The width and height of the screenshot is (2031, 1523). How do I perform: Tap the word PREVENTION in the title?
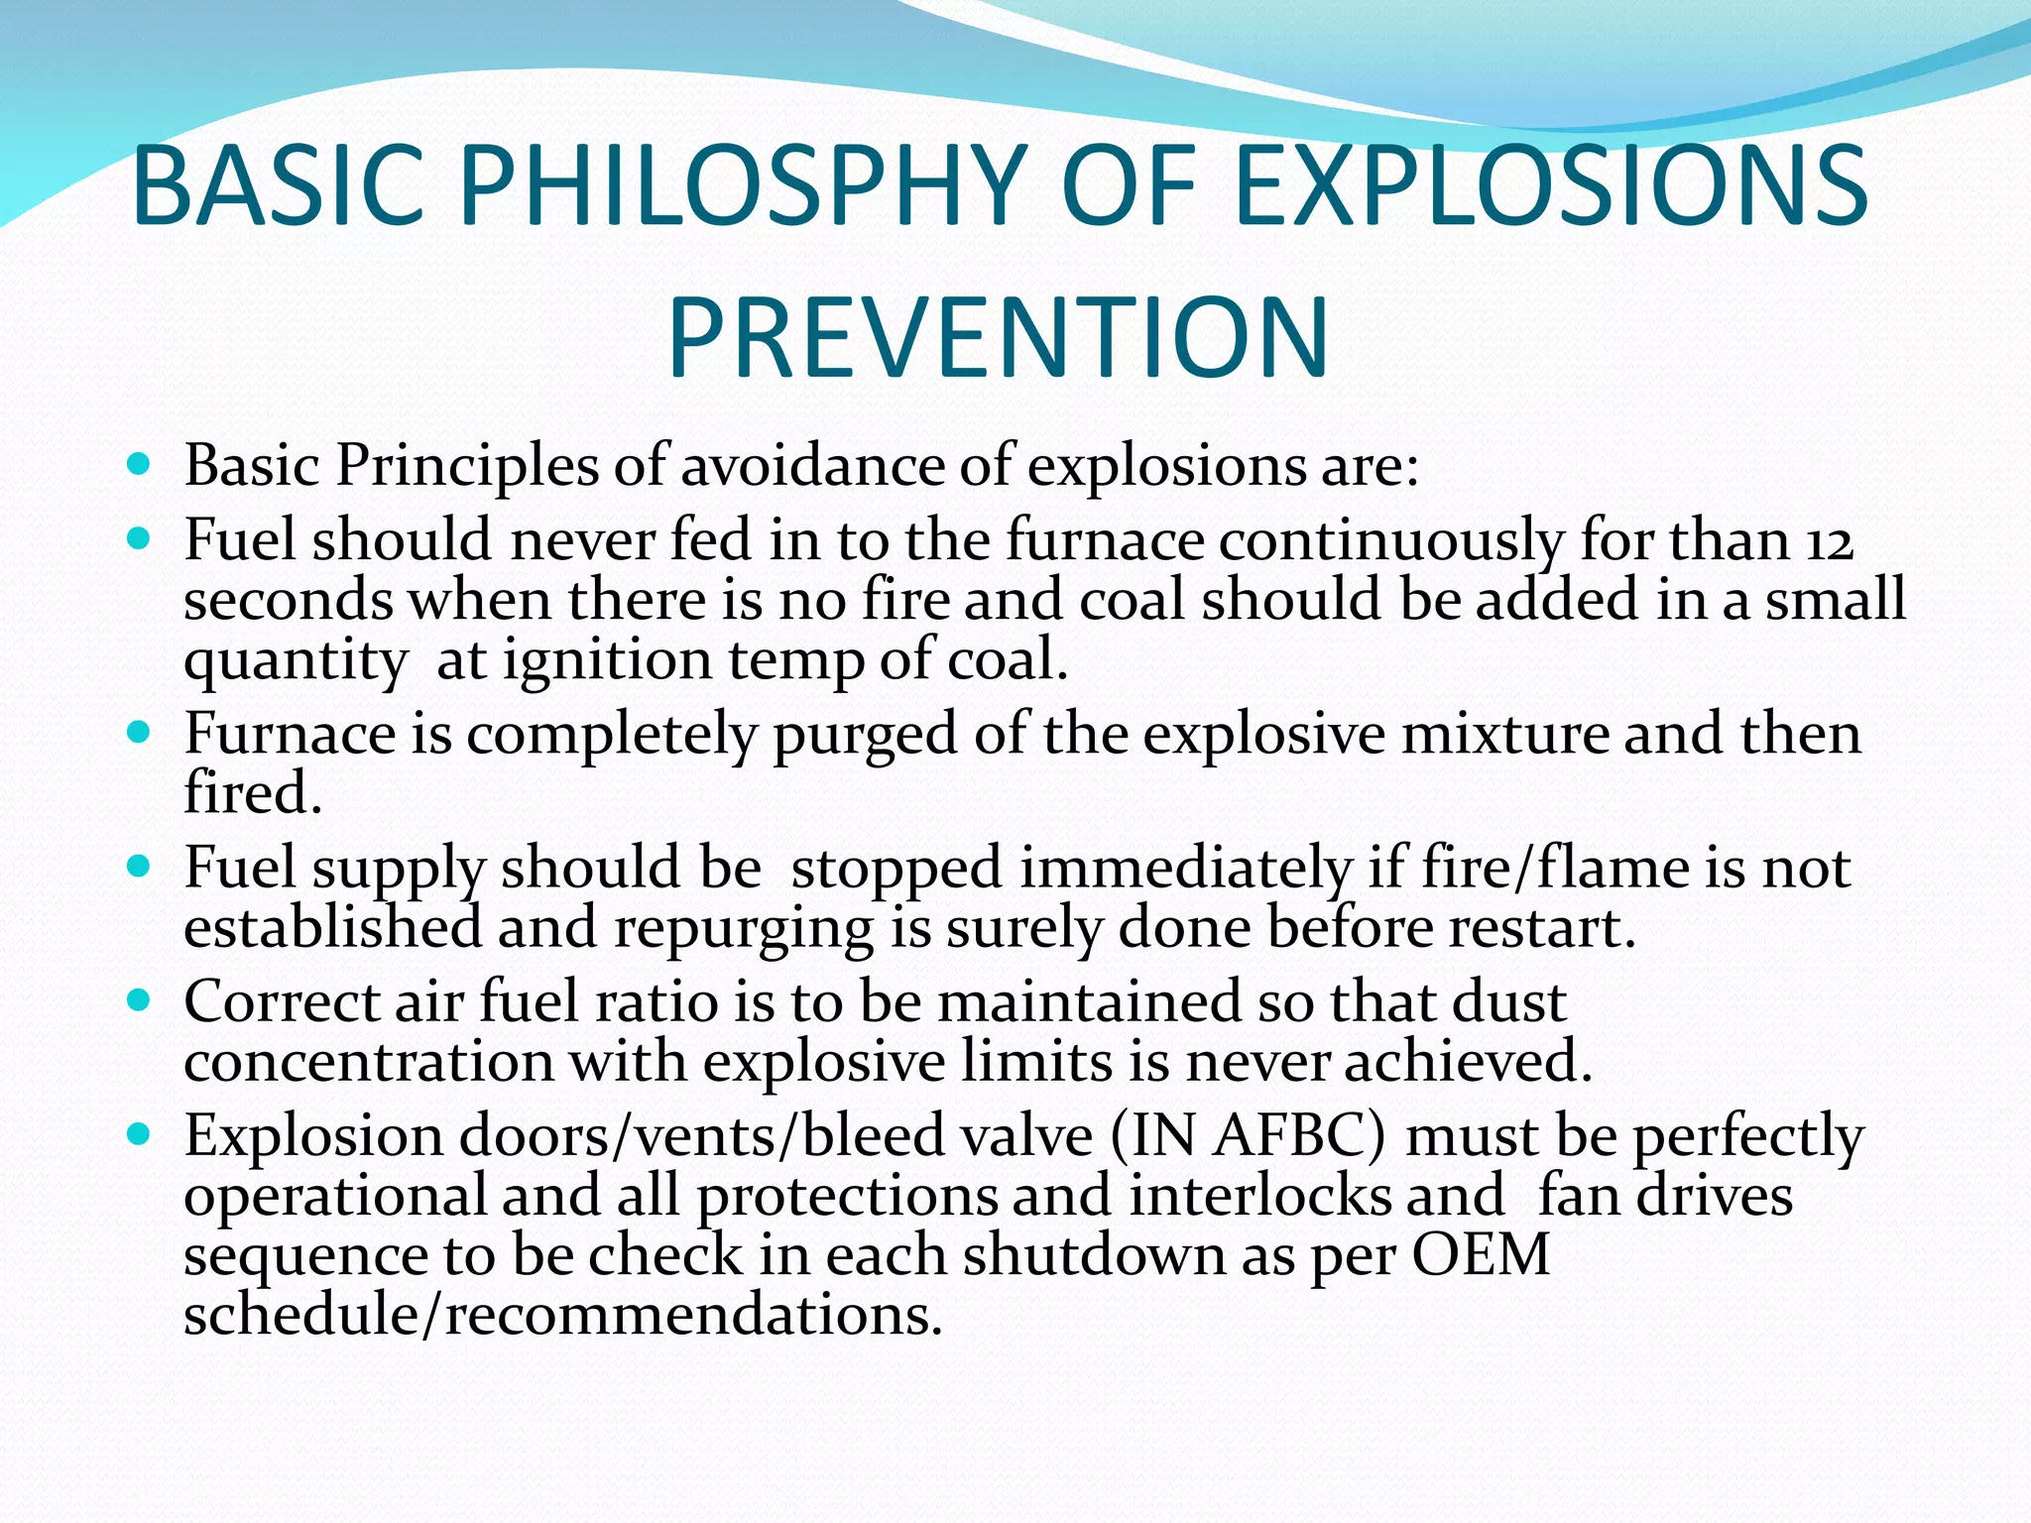pyautogui.click(x=998, y=338)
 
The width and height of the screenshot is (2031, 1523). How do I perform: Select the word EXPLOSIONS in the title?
pyautogui.click(x=1552, y=185)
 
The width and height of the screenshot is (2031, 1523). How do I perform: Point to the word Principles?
pyautogui.click(x=467, y=464)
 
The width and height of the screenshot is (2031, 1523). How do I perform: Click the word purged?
pyautogui.click(x=865, y=736)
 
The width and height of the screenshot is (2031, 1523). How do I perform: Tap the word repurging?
pyautogui.click(x=744, y=929)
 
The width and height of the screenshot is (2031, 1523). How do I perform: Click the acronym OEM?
pyautogui.click(x=1481, y=1255)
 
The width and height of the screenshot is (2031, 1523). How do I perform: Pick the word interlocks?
pyautogui.click(x=1259, y=1196)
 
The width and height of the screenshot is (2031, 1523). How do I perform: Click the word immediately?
pyautogui.click(x=1186, y=870)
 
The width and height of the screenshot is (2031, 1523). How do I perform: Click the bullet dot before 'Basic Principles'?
pyautogui.click(x=139, y=463)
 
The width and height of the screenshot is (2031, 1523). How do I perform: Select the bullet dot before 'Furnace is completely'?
pyautogui.click(x=139, y=734)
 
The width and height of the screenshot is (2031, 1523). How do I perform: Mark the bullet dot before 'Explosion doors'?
pyautogui.click(x=139, y=1133)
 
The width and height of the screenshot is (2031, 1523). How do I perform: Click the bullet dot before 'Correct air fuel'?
pyautogui.click(x=139, y=1000)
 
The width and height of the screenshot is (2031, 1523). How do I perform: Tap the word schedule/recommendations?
pyautogui.click(x=562, y=1316)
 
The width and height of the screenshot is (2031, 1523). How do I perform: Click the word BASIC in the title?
pyautogui.click(x=279, y=185)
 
